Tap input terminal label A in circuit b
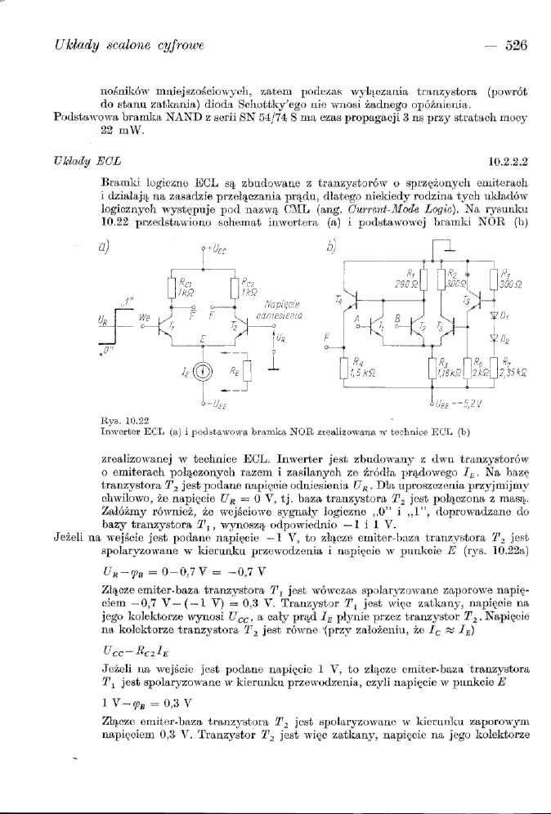point(353,311)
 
